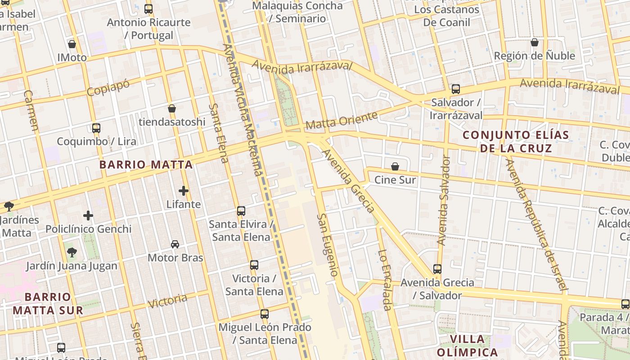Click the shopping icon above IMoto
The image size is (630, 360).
coord(72,44)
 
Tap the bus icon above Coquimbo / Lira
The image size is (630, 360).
coord(96,128)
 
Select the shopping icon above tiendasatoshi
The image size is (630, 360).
coord(171,108)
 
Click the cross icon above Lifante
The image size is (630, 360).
coord(183,190)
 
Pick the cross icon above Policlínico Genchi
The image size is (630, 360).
coord(88,216)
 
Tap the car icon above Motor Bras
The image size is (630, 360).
coord(175,244)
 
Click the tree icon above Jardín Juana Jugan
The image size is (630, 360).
coord(72,252)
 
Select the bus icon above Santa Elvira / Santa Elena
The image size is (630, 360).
coord(241,211)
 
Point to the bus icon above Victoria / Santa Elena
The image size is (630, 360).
coord(254,265)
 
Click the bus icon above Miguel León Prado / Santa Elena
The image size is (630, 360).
coord(265,314)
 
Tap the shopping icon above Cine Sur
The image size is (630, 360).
coord(395,166)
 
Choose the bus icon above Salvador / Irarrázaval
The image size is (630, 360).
coord(456,89)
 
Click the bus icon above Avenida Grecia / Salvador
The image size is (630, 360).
coord(437,269)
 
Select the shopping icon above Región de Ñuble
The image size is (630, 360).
coord(534,42)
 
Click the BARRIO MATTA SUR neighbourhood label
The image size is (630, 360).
coord(48,303)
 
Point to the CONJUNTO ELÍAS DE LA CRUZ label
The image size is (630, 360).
coord(516,141)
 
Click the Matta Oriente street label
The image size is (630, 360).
coord(341,120)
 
